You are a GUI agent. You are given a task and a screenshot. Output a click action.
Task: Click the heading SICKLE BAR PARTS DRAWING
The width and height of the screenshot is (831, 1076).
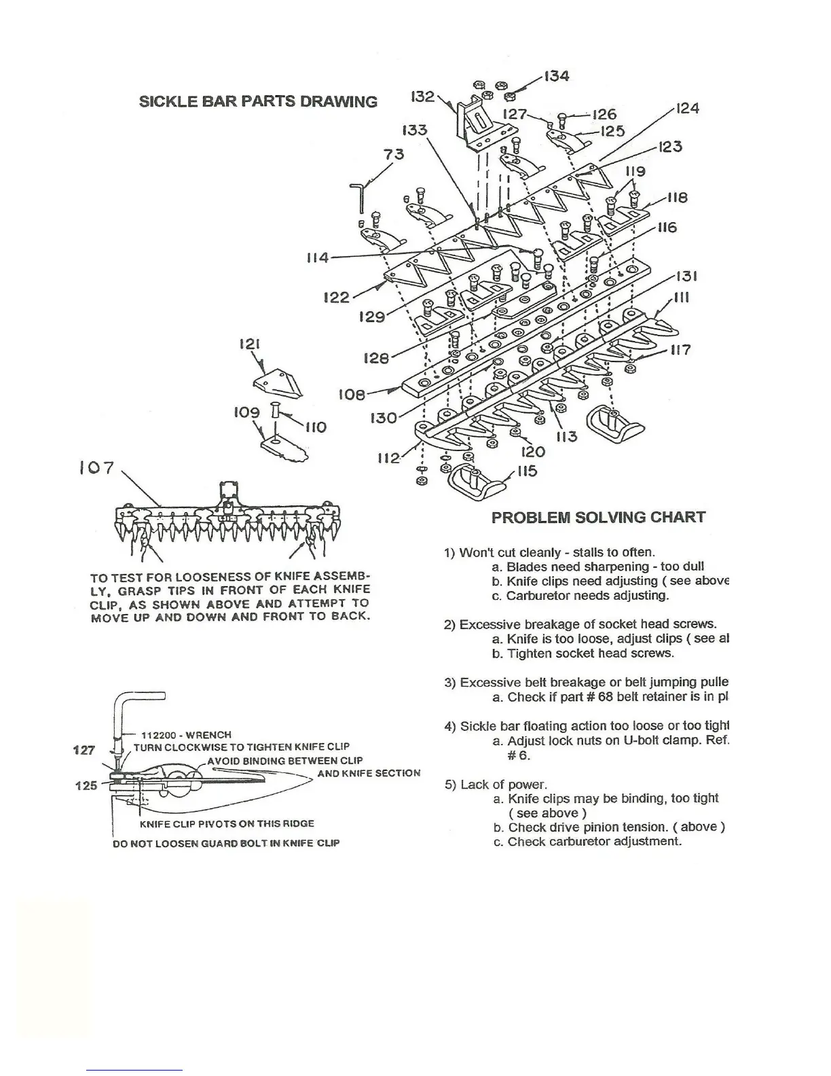(258, 102)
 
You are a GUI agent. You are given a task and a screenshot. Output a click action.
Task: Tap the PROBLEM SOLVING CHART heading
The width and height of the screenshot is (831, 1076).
(598, 518)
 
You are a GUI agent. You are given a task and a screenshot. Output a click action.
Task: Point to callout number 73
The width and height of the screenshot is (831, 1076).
(394, 154)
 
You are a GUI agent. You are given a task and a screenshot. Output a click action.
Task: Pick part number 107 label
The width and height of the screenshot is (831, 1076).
(96, 469)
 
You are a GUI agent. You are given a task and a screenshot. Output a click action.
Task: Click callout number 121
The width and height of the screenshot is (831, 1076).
(251, 344)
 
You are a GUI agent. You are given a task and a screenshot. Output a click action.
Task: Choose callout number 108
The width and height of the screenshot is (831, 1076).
(352, 395)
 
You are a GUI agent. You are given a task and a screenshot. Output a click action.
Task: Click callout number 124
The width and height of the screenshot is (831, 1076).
(687, 109)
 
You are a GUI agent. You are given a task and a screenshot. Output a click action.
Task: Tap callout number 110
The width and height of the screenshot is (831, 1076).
(316, 427)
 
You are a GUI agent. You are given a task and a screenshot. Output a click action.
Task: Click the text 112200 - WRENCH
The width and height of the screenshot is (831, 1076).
(187, 735)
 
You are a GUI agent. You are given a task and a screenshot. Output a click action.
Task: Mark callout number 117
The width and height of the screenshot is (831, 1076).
(681, 350)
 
